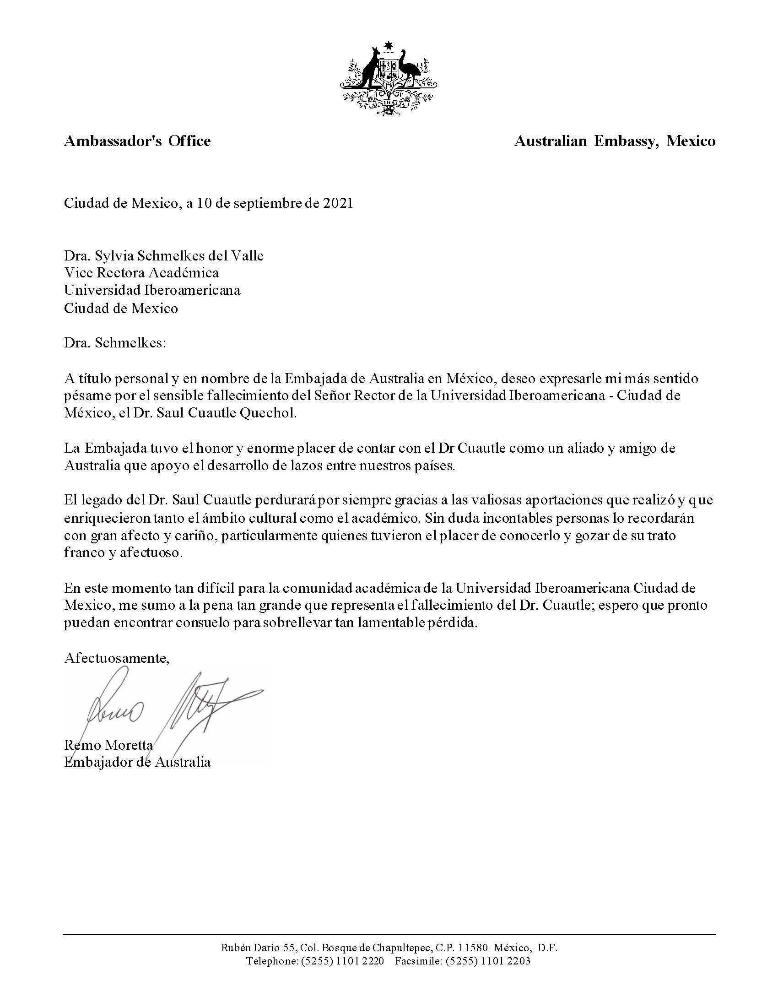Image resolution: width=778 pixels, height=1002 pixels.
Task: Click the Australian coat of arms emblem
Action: click(389, 78)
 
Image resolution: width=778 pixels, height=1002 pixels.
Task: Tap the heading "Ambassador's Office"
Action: click(137, 141)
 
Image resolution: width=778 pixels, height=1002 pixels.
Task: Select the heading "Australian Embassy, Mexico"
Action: click(614, 141)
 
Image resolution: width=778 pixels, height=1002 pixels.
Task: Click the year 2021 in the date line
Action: click(338, 203)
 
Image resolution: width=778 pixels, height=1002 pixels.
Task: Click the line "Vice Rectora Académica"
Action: click(141, 272)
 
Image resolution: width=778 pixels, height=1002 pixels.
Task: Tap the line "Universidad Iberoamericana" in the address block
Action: click(152, 290)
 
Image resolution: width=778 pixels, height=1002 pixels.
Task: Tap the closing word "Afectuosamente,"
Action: click(117, 658)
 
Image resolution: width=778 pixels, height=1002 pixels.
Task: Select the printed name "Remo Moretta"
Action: click(108, 745)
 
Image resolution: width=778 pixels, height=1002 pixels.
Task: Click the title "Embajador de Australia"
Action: click(137, 762)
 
